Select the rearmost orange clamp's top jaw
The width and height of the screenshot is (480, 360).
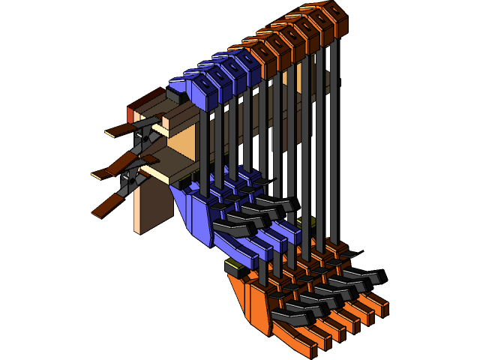click(334, 16)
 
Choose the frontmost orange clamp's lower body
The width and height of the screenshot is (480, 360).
click(259, 307)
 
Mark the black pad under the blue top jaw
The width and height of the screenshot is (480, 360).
click(177, 97)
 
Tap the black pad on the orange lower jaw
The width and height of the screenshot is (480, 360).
click(234, 267)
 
